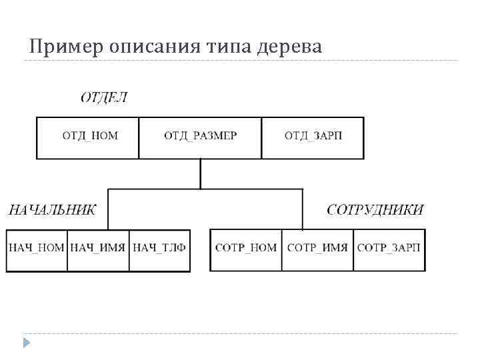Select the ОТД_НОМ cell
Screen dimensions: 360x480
(x=89, y=136)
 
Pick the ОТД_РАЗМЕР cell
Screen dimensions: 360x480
(x=200, y=136)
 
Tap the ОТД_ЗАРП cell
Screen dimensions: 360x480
(x=313, y=136)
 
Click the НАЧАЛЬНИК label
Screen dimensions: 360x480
(x=51, y=209)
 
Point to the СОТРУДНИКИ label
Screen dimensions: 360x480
(x=375, y=209)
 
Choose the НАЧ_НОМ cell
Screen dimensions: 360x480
(x=37, y=248)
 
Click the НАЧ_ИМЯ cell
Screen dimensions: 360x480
(x=98, y=248)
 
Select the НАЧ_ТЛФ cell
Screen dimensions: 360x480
(x=159, y=248)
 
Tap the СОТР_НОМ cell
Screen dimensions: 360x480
(x=246, y=248)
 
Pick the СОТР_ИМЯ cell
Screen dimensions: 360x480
(x=317, y=248)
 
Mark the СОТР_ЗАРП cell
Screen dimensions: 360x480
(x=389, y=248)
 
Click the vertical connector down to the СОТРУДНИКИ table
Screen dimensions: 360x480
(x=303, y=209)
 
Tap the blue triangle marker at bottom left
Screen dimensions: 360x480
(x=27, y=343)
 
